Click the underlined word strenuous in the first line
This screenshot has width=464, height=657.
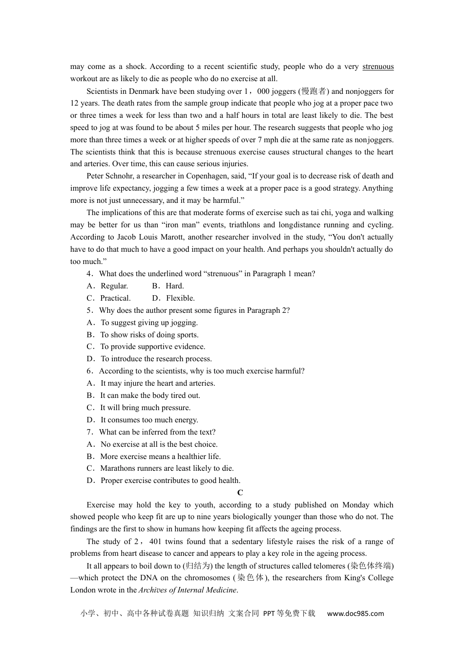(378, 66)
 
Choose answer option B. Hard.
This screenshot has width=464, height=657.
(168, 286)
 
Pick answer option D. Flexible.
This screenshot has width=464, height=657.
(173, 298)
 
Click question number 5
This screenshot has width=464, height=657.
(90, 310)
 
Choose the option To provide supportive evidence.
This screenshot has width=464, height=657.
(152, 347)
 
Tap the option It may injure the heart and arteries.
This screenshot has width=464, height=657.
(157, 383)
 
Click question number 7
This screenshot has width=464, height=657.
(90, 432)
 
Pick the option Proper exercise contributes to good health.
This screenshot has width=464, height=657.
(170, 481)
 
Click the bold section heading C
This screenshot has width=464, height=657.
(240, 493)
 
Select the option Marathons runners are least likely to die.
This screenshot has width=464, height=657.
(167, 468)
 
